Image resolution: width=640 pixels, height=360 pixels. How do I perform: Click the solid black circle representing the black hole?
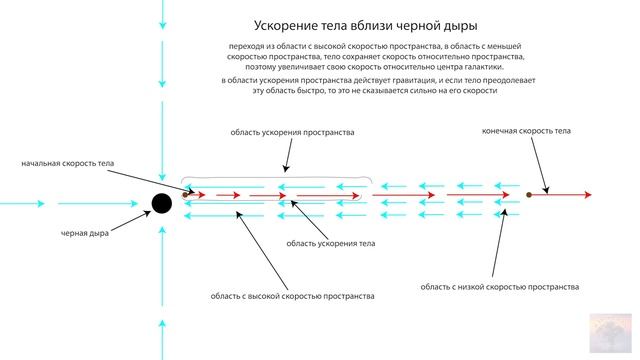tap(161, 204)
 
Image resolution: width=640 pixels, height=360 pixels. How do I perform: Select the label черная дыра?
tap(85, 234)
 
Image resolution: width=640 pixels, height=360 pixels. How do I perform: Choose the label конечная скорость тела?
tap(526, 131)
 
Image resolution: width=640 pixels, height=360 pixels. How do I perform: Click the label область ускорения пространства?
tap(292, 131)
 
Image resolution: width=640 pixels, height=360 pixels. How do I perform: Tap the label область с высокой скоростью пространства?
tap(292, 295)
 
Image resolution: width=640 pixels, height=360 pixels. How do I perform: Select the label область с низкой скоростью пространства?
tap(499, 286)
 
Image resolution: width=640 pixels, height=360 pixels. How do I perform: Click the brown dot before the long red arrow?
tap(528, 195)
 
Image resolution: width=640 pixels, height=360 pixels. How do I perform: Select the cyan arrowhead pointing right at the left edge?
tap(39, 204)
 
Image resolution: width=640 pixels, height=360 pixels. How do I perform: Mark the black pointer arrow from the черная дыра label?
tap(127, 221)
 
